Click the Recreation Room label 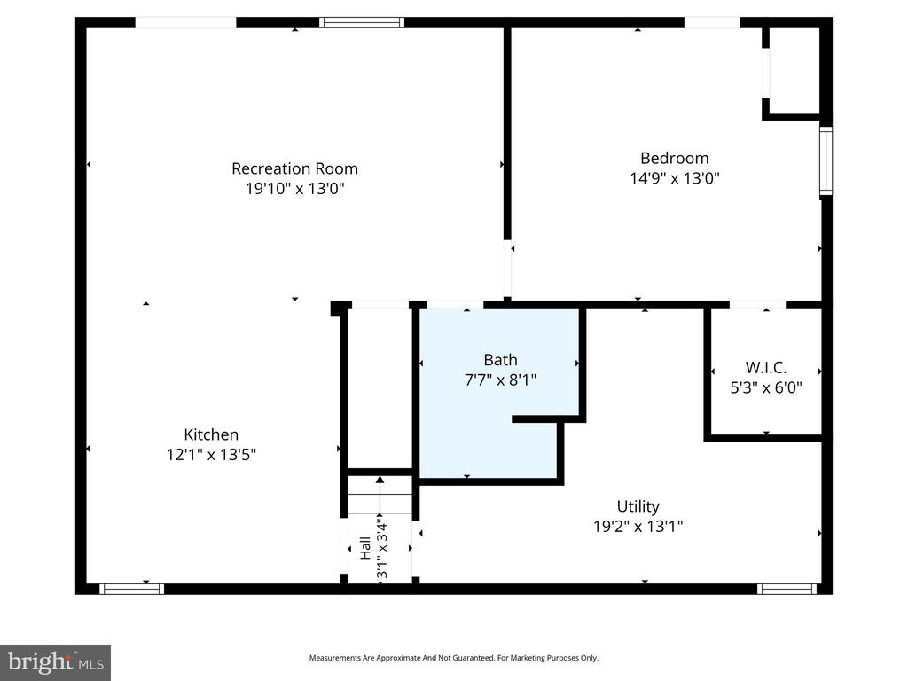294,168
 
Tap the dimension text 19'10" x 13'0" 294,189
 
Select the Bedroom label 674,159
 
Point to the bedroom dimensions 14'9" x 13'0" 674,178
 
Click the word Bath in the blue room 500,360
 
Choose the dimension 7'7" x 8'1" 500,380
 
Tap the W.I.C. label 765,367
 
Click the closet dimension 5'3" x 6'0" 765,387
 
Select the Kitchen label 211,434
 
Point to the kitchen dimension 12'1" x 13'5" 211,454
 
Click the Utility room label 638,506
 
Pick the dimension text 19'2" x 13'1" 638,526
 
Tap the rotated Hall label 365,548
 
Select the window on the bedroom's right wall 826,160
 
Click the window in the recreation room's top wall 362,22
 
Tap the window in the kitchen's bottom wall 131,588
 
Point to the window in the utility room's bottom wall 787,588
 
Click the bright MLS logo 55,661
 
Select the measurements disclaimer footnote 453,658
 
